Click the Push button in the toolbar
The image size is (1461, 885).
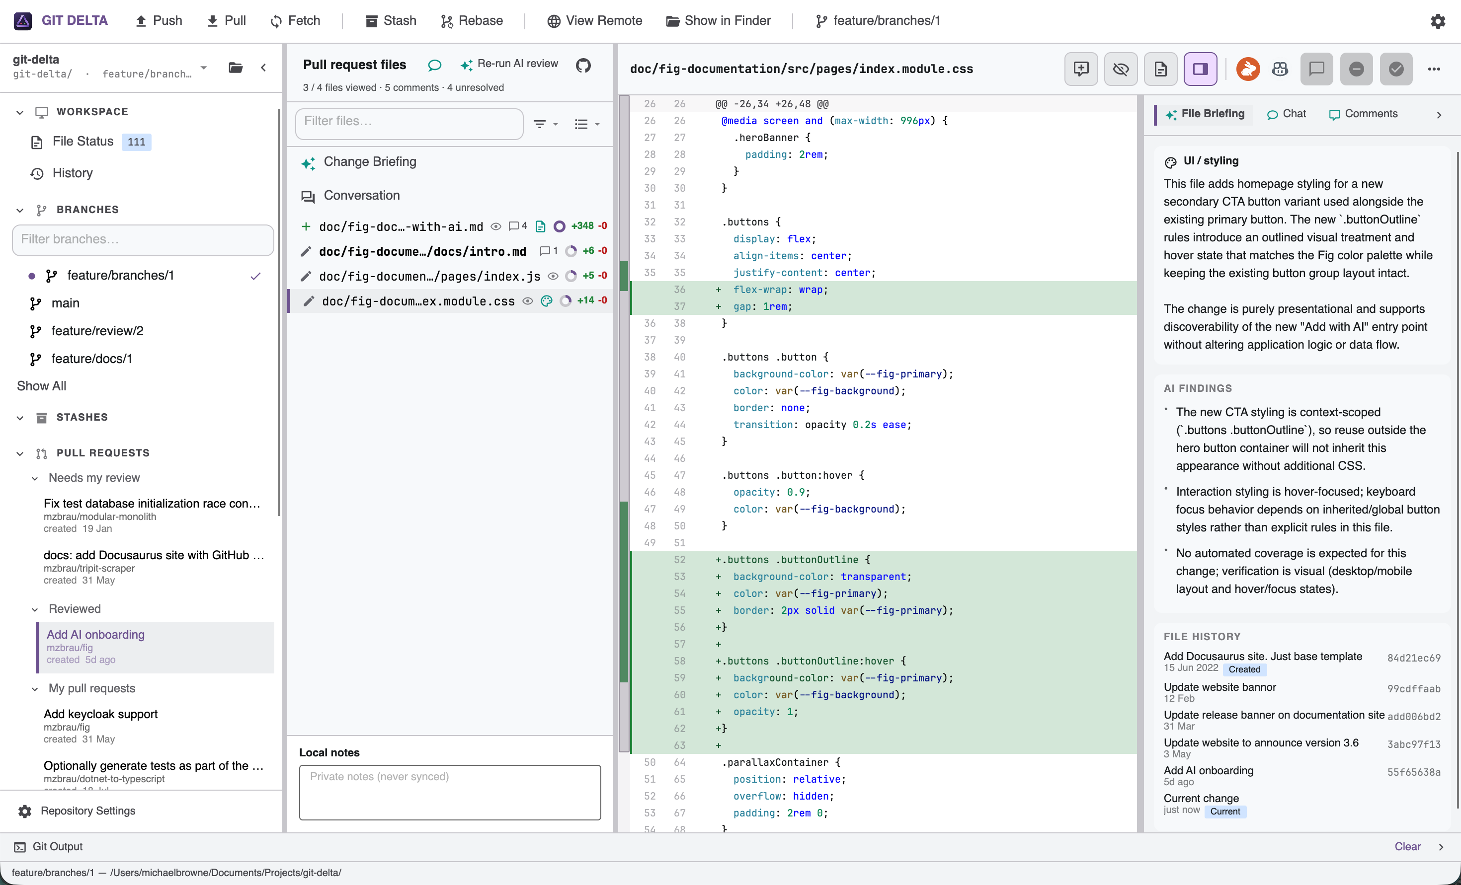point(159,21)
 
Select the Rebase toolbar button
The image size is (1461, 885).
point(472,21)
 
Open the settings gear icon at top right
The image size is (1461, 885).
point(1438,21)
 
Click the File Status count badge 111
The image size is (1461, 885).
point(136,142)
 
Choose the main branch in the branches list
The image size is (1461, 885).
point(65,303)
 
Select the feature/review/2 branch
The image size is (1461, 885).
point(97,331)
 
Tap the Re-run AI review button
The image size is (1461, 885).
point(509,64)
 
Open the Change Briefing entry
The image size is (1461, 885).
point(370,162)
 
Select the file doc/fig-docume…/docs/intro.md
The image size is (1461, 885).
point(423,251)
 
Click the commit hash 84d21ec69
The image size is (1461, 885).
point(1414,658)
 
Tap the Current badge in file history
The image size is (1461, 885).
point(1225,811)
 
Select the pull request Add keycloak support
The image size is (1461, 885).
point(101,714)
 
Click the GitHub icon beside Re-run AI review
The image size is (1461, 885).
point(583,65)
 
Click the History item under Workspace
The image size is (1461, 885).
point(73,173)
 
